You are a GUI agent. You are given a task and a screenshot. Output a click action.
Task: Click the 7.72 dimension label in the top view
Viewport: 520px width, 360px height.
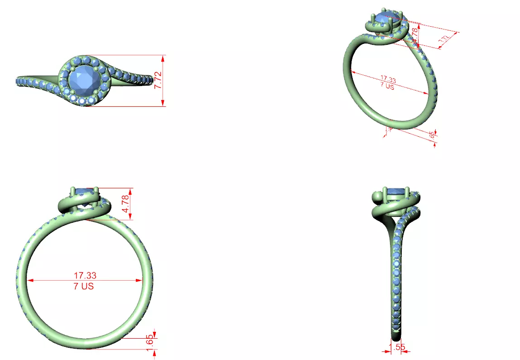point(158,80)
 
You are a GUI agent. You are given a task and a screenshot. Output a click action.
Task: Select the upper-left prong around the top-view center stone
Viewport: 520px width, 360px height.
point(72,68)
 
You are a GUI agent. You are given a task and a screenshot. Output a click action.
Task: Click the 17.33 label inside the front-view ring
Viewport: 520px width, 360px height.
point(85,275)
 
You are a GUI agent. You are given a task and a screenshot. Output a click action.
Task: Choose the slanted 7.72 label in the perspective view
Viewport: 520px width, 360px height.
point(444,40)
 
